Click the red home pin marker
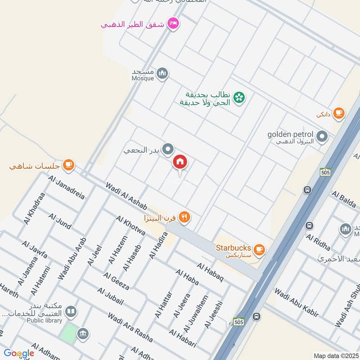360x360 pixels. [x=180, y=162]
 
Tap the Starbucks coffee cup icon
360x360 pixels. [x=259, y=249]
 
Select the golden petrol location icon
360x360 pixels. [x=322, y=136]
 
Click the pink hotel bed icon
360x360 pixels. [x=172, y=23]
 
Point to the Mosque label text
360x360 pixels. [x=143, y=78]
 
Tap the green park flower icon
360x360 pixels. [x=240, y=96]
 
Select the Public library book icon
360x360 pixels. [x=70, y=311]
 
